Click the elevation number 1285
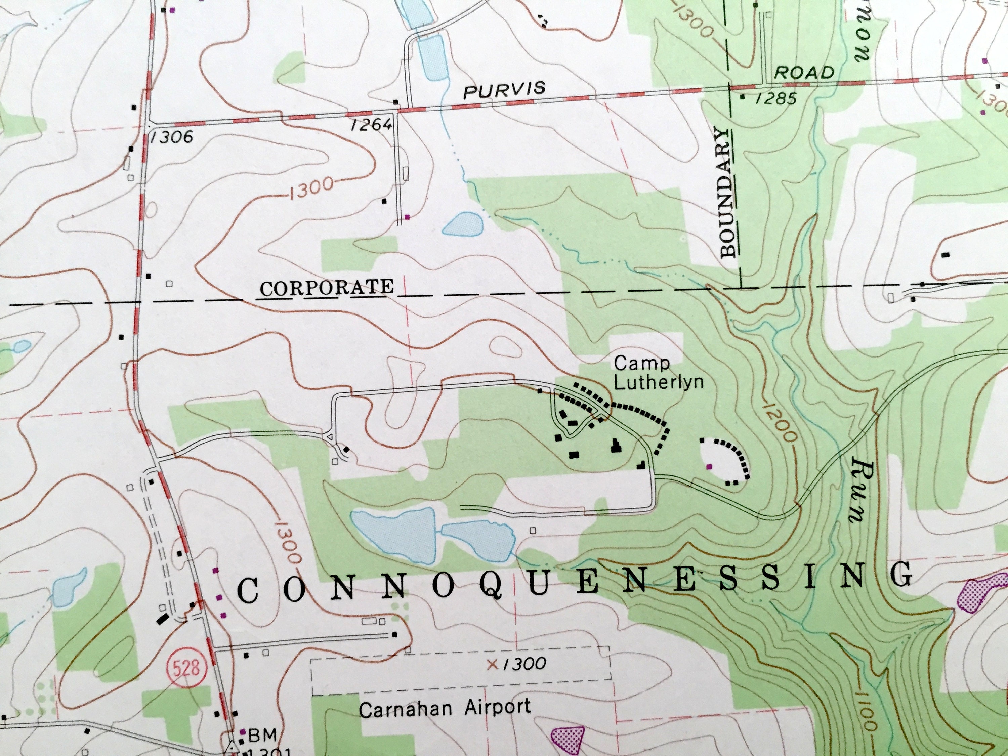(775, 98)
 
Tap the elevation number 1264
(371, 124)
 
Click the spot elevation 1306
(171, 136)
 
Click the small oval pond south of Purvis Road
(463, 224)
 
